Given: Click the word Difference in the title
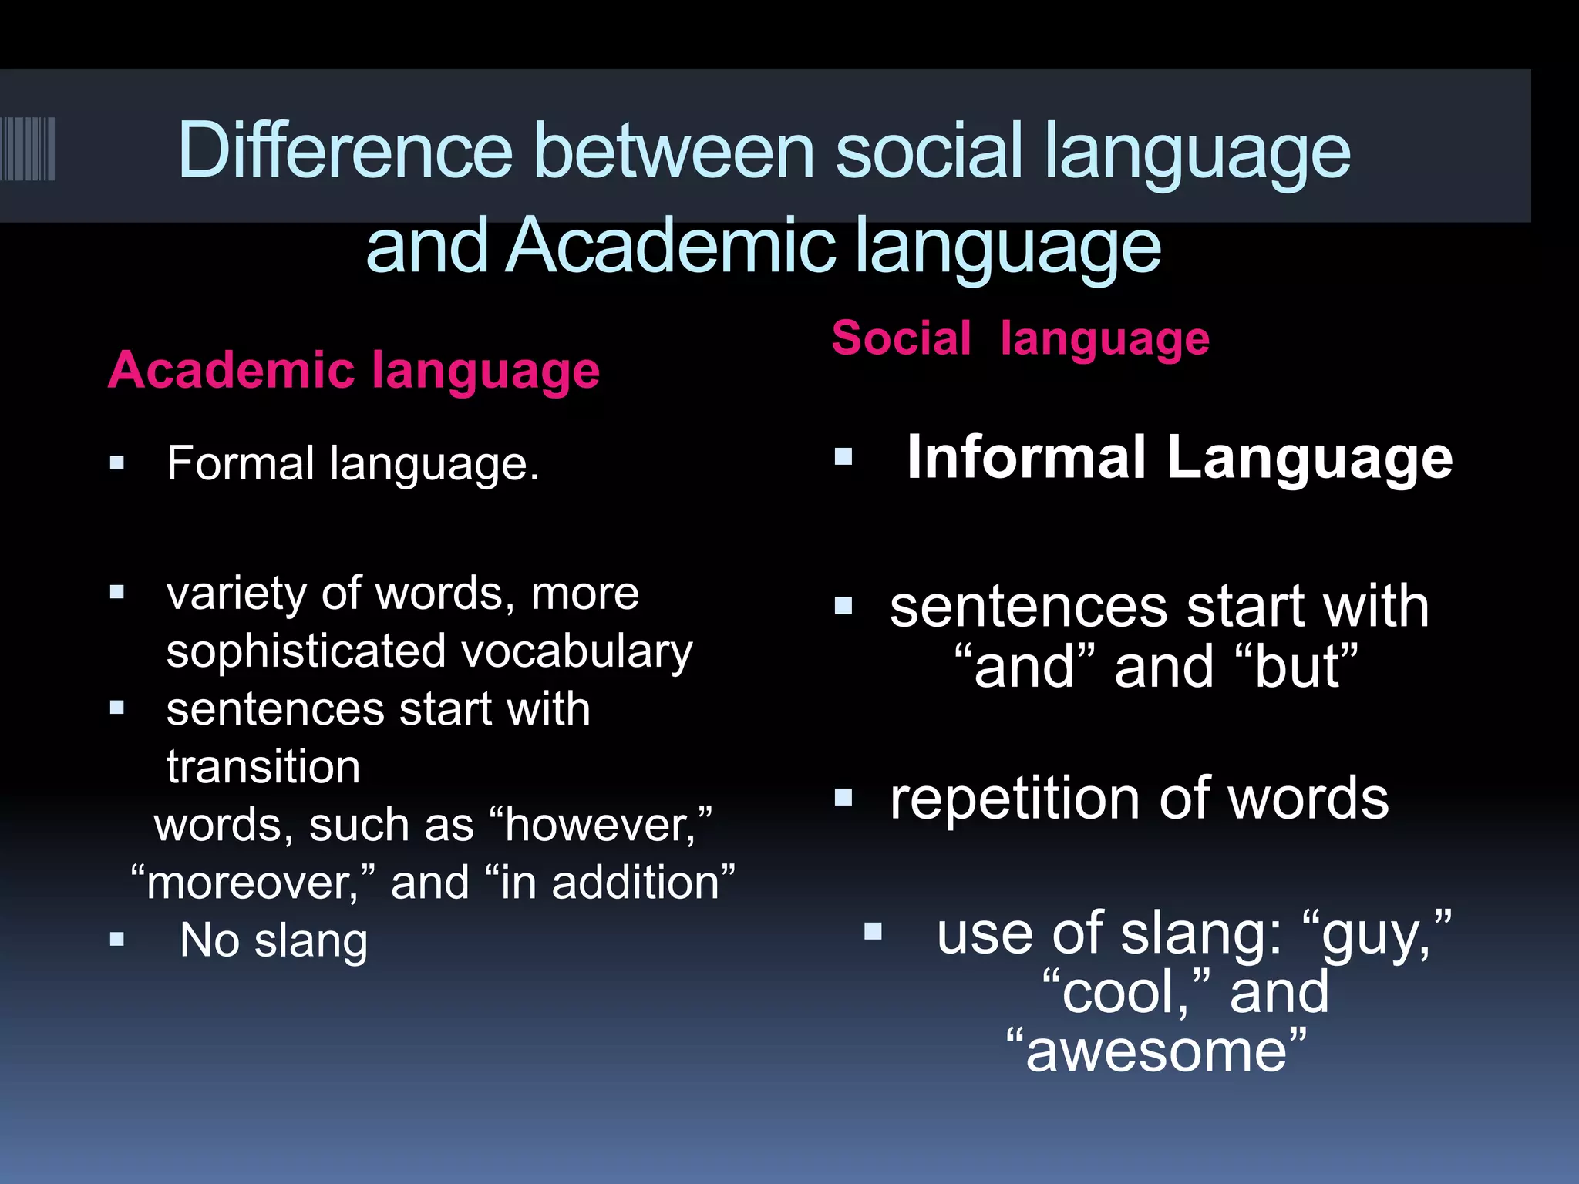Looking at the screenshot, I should [x=345, y=151].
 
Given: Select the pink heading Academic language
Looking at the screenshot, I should [x=354, y=371].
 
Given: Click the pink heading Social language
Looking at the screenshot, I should [x=1020, y=338].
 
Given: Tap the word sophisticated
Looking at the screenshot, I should [x=306, y=651].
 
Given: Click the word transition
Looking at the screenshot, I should [x=263, y=767].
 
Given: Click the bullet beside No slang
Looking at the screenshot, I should [x=117, y=940].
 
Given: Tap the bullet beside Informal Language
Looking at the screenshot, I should [x=843, y=457].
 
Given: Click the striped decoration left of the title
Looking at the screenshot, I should [x=28, y=149].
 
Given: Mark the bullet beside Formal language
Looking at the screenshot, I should [x=117, y=463].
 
